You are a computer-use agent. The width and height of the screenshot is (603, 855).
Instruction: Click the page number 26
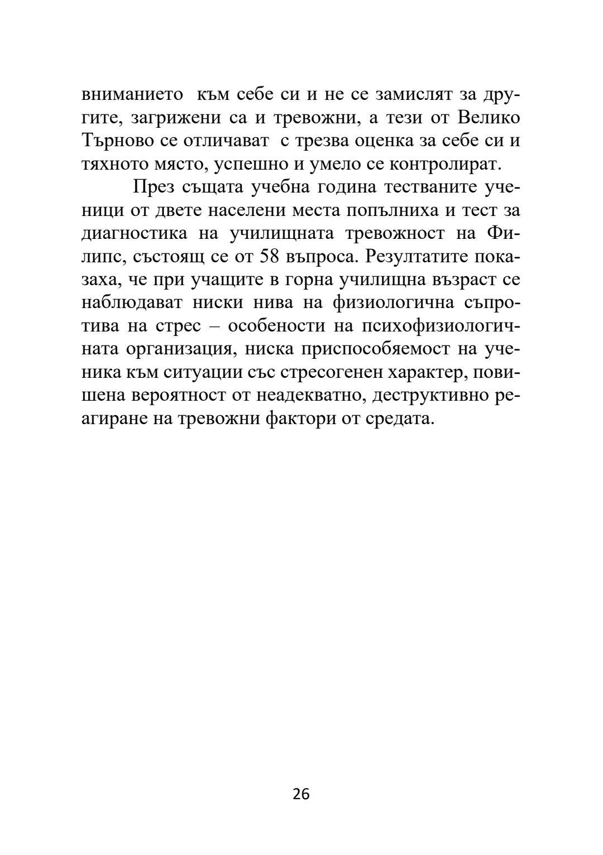(x=301, y=794)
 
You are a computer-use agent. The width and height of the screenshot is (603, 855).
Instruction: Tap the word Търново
(x=118, y=141)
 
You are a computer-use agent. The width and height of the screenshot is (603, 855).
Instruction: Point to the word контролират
(x=441, y=164)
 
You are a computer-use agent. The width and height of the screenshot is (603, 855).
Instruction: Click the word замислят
(x=409, y=94)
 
